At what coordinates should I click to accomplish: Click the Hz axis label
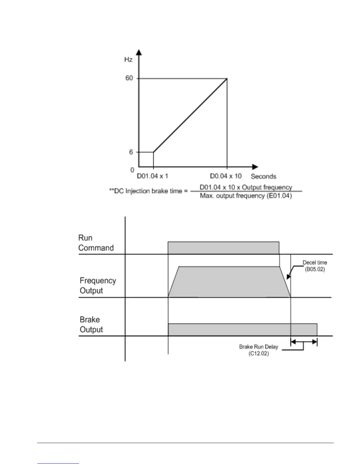pyautogui.click(x=128, y=60)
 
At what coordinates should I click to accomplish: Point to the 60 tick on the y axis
pyautogui.click(x=129, y=78)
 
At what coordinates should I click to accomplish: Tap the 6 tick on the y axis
pyautogui.click(x=131, y=152)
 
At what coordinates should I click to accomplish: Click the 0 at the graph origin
pyautogui.click(x=132, y=170)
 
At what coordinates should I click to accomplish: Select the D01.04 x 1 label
pyautogui.click(x=152, y=176)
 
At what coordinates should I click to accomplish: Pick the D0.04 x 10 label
pyautogui.click(x=226, y=176)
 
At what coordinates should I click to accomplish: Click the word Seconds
pyautogui.click(x=263, y=177)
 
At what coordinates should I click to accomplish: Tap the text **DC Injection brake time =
pyautogui.click(x=148, y=191)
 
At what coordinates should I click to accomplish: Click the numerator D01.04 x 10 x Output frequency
pyautogui.click(x=246, y=187)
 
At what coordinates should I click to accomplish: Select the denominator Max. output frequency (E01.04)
pyautogui.click(x=246, y=196)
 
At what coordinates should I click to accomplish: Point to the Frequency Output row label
pyautogui.click(x=98, y=286)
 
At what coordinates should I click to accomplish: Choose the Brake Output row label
pyautogui.click(x=91, y=324)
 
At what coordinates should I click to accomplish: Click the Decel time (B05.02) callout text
pyautogui.click(x=315, y=266)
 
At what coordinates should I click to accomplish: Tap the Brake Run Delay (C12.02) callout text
pyautogui.click(x=259, y=350)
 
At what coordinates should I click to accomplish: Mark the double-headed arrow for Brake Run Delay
pyautogui.click(x=304, y=342)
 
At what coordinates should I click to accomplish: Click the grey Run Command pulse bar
pyautogui.click(x=224, y=248)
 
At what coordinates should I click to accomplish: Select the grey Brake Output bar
pyautogui.click(x=242, y=330)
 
